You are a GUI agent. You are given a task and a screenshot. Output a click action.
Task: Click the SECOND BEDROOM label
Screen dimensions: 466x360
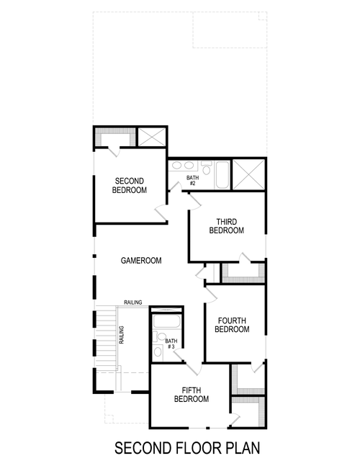point(130,185)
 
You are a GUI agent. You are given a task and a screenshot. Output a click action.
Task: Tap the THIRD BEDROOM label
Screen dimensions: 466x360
point(226,226)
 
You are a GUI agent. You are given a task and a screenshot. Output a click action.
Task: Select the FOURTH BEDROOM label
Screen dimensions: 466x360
point(232,325)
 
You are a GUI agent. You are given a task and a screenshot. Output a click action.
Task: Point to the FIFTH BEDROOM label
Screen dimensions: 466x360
point(192,394)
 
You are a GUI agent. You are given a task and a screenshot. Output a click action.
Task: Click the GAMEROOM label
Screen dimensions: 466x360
point(140,261)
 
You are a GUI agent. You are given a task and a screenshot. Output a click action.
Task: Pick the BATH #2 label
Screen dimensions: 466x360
point(192,180)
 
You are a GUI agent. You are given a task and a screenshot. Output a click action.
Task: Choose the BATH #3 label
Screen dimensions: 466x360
point(171,344)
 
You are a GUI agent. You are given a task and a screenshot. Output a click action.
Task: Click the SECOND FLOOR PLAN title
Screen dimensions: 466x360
point(186,448)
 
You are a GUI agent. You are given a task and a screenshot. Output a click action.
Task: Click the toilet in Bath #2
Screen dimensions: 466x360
point(205,171)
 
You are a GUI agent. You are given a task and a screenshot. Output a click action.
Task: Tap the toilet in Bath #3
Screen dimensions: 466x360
point(158,352)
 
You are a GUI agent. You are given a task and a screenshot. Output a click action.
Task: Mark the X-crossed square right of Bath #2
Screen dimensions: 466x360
point(248,174)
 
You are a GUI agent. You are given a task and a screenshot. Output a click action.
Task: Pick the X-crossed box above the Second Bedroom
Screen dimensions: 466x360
point(152,137)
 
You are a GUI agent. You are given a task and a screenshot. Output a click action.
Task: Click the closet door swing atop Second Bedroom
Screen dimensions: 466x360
point(114,150)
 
